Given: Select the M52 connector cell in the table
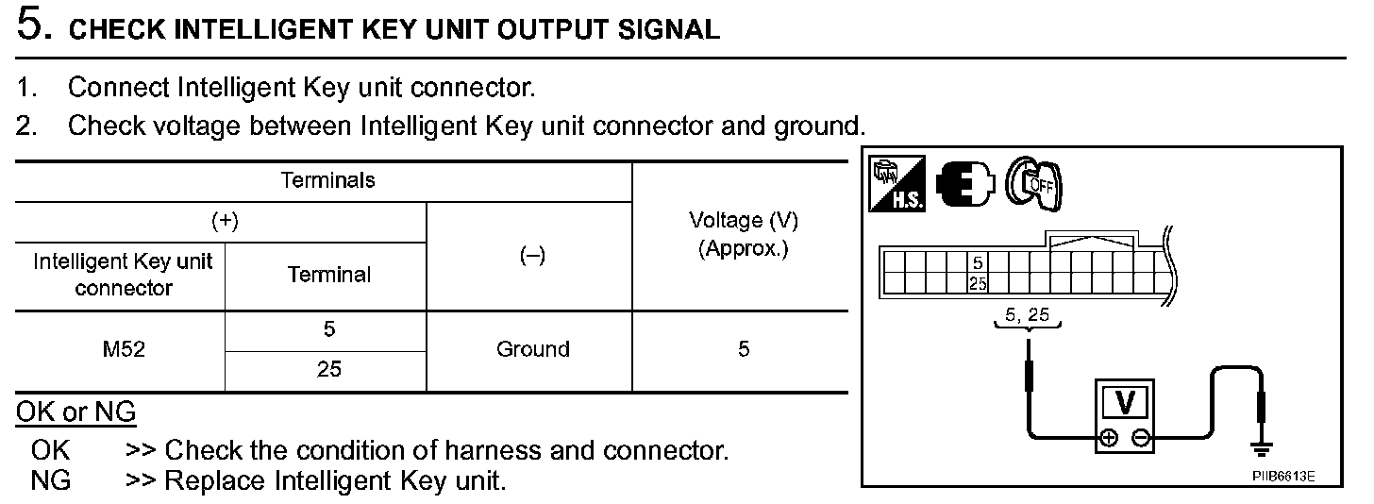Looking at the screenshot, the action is point(124,349).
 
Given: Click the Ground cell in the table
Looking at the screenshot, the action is point(532,349).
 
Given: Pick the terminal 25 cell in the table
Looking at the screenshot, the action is point(328,370).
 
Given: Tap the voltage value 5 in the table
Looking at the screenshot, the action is point(744,349).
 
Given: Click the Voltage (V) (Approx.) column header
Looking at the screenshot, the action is point(744,236).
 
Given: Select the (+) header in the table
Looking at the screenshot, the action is point(224,221).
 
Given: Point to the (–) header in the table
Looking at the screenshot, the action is point(532,256).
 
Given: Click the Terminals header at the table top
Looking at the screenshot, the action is point(327,180).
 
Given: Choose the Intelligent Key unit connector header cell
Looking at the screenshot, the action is point(124,274).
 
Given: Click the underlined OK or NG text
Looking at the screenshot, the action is point(75,412).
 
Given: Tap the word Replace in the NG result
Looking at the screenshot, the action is point(216,480).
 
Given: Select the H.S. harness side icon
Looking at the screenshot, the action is point(896,182).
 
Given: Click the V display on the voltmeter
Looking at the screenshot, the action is point(1125,401).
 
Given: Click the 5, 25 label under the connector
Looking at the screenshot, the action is point(1028,315).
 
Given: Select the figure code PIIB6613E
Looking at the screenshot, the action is point(1283,476).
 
